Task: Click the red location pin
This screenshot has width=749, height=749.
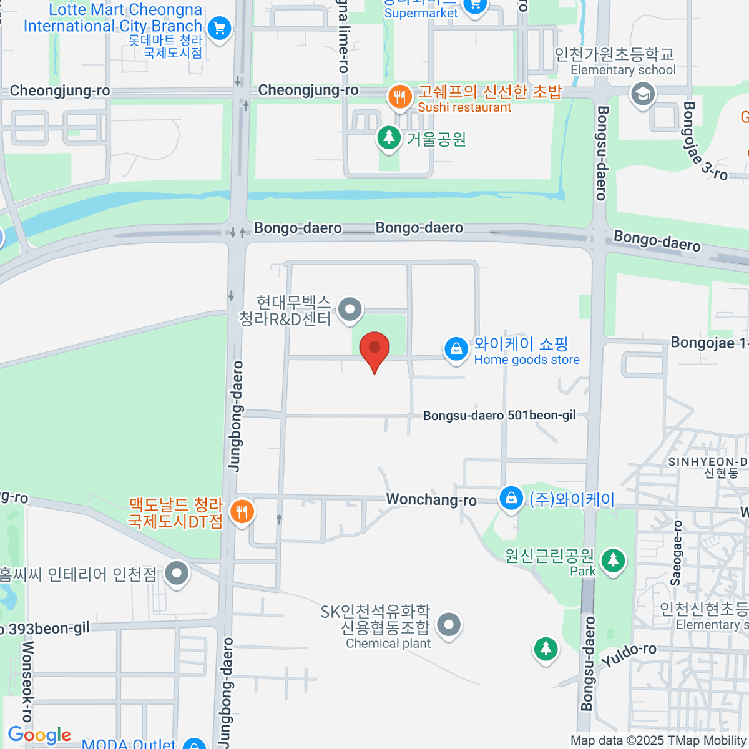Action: pyautogui.click(x=374, y=350)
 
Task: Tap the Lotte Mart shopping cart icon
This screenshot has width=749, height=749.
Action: pyautogui.click(x=219, y=28)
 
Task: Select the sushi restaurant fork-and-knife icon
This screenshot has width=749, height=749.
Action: pyautogui.click(x=399, y=97)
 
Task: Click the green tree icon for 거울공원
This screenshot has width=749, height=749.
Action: pyautogui.click(x=389, y=137)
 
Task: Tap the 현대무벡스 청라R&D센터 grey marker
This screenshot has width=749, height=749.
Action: pyautogui.click(x=350, y=309)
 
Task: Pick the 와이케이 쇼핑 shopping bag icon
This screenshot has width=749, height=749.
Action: pyautogui.click(x=456, y=349)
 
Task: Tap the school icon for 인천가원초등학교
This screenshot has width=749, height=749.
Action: pyautogui.click(x=642, y=95)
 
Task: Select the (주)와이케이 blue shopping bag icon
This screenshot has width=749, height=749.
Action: pyautogui.click(x=511, y=499)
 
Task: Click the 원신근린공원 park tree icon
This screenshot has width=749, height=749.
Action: pyautogui.click(x=613, y=559)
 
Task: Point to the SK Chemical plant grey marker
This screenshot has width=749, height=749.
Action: pyautogui.click(x=449, y=625)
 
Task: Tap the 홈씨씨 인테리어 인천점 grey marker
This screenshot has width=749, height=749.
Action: pyautogui.click(x=177, y=573)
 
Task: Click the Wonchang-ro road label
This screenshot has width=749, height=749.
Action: pyautogui.click(x=431, y=500)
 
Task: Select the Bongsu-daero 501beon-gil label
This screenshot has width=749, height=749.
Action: pyautogui.click(x=499, y=416)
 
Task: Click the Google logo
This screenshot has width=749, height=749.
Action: pyautogui.click(x=39, y=735)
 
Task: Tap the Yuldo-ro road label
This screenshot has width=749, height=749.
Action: pyautogui.click(x=629, y=655)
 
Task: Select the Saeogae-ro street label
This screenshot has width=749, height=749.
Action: pyautogui.click(x=675, y=553)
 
